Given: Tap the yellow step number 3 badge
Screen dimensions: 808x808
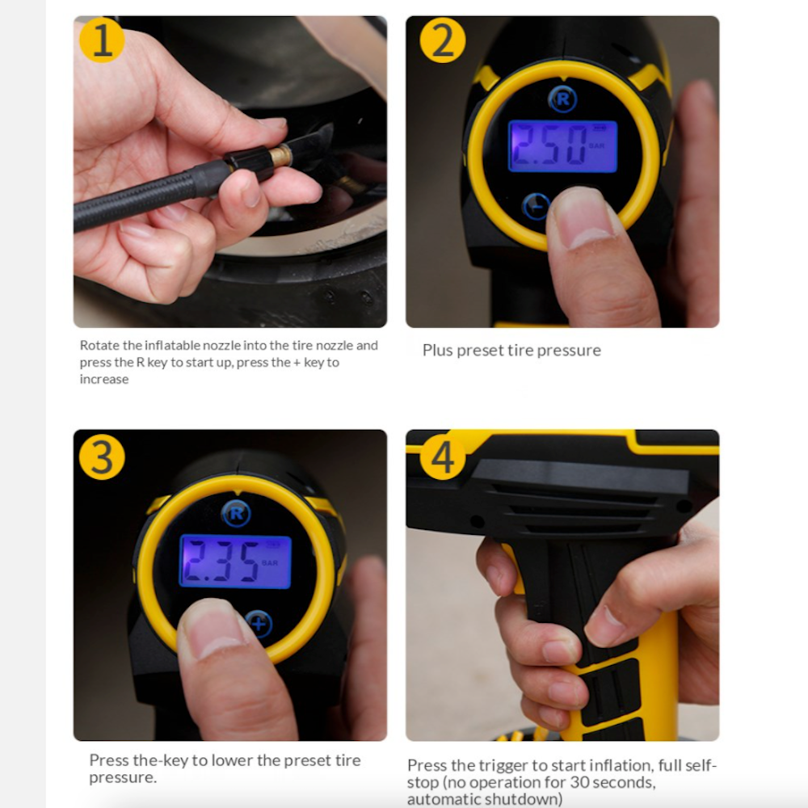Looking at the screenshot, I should [102, 457].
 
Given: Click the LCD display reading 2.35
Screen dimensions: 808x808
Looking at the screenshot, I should [234, 561].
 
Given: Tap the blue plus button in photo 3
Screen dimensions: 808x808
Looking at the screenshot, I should [259, 624].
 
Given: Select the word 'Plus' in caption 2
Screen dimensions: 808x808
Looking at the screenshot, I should [438, 351].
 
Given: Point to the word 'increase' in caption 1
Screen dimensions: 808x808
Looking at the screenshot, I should [103, 380].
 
